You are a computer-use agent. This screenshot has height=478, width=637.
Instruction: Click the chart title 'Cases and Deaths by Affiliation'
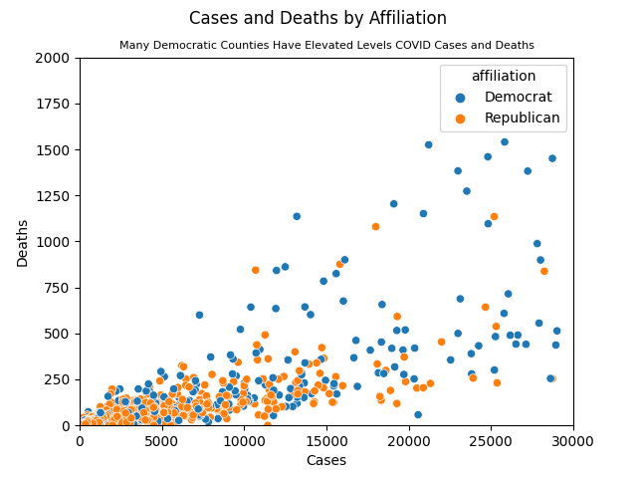(318, 18)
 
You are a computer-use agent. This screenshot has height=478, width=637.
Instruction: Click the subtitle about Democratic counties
(326, 46)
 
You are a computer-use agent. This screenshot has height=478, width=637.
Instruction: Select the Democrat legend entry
(510, 97)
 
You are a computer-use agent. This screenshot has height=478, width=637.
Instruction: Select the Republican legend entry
(510, 118)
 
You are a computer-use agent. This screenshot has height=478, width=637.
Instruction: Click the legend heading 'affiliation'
(504, 76)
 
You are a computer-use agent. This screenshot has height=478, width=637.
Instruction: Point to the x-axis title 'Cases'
(326, 460)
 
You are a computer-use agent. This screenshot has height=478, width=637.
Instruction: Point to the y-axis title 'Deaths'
(23, 242)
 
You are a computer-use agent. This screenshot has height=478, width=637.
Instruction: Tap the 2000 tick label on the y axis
(55, 58)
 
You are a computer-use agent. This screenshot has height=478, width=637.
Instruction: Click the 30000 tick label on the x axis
(573, 439)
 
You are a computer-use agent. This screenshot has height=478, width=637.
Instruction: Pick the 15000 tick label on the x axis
(326, 439)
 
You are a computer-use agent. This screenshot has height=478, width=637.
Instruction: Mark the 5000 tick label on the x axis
(162, 439)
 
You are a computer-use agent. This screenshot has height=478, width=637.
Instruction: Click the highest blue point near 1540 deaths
(505, 142)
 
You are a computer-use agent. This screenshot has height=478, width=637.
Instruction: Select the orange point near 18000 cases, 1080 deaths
(376, 227)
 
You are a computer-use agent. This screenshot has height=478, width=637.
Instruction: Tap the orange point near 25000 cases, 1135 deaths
(494, 217)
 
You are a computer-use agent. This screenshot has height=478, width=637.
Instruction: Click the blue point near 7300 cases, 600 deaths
(199, 315)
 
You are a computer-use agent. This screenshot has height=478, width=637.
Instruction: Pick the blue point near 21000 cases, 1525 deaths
(428, 144)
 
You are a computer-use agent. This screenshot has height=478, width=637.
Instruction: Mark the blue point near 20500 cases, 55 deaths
(418, 414)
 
